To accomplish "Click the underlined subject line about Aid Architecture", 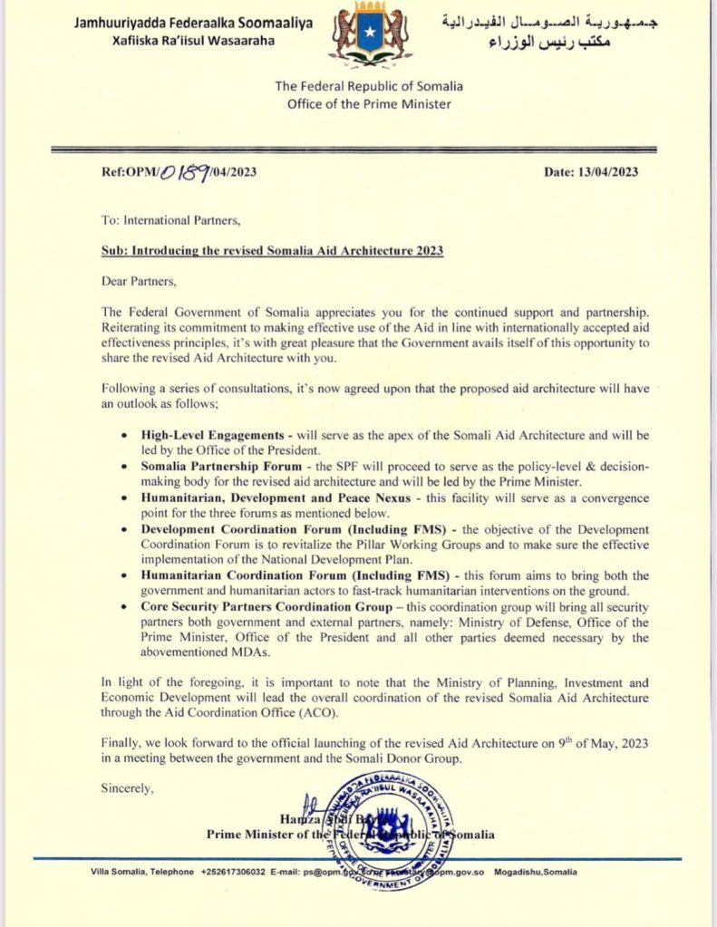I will (272, 250).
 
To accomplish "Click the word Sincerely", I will (128, 787).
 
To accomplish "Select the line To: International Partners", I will (170, 219).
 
